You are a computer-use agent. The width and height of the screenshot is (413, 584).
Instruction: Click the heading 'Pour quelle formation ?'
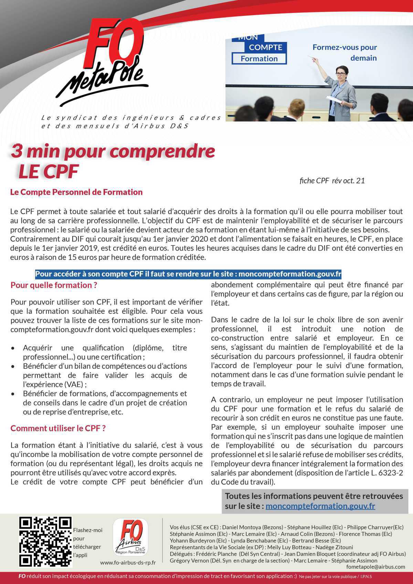54,285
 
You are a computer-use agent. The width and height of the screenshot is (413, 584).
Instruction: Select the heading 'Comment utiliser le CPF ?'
58,428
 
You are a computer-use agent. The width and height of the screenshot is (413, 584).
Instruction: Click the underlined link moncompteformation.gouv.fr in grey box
320,506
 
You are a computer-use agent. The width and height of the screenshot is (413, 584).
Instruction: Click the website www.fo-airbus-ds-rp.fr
128,563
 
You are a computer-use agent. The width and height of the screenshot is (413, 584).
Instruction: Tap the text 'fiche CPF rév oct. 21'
332,181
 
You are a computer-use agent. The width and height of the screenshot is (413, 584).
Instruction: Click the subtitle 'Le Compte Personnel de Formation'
76,192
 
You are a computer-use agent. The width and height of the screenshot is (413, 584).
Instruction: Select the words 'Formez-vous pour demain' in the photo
345,52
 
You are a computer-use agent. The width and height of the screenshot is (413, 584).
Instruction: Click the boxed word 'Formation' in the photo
259,59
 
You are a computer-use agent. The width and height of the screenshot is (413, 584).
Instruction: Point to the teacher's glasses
339,74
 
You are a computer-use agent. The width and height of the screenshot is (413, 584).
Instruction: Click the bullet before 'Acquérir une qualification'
13,348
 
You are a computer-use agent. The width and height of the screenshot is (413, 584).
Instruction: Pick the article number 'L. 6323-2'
386,473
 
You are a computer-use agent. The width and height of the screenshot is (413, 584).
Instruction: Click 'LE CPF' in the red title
48,171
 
